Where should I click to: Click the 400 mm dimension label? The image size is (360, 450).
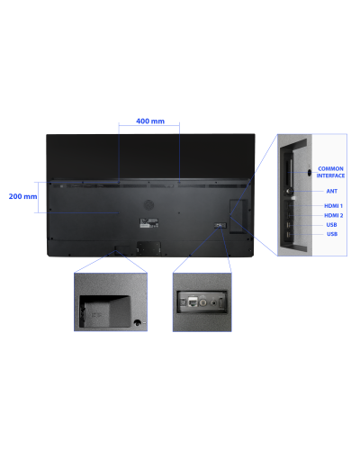pyautogui.click(x=150, y=121)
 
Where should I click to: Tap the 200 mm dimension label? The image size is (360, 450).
pyautogui.click(x=22, y=196)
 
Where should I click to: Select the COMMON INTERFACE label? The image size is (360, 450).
pyautogui.click(x=330, y=172)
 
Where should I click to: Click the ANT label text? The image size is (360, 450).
pyautogui.click(x=332, y=191)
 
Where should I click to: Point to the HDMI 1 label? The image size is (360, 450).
pyautogui.click(x=333, y=206)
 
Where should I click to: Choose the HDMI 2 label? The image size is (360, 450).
pyautogui.click(x=334, y=215)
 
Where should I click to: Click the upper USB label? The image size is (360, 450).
pyautogui.click(x=331, y=225)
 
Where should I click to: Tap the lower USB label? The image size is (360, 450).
pyautogui.click(x=332, y=234)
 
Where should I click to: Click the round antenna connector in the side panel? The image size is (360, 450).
pyautogui.click(x=290, y=191)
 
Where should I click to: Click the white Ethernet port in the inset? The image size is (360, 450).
pyautogui.click(x=193, y=301)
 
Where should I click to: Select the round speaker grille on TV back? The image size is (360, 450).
pyautogui.click(x=148, y=205)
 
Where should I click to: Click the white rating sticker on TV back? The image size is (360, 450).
pyautogui.click(x=149, y=223)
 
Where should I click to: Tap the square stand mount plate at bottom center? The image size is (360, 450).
pyautogui.click(x=148, y=248)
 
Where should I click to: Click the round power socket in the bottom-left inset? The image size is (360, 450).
pyautogui.click(x=137, y=323)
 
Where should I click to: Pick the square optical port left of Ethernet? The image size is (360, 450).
pyautogui.click(x=183, y=301)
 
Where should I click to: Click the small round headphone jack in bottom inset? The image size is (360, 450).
pyautogui.click(x=213, y=302)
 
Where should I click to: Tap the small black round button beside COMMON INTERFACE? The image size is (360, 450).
pyautogui.click(x=310, y=173)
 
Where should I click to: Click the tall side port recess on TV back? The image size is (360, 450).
pyautogui.click(x=238, y=216)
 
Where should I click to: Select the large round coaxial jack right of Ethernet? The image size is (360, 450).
pyautogui.click(x=203, y=302)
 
